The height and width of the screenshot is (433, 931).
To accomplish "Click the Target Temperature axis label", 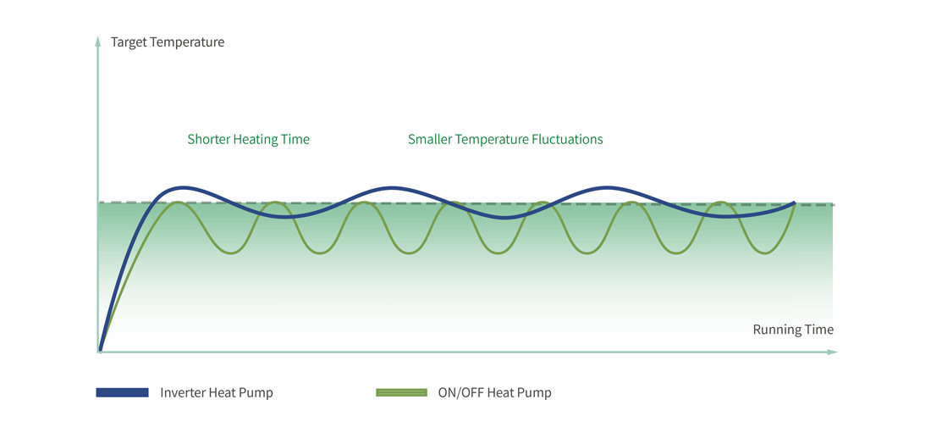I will point(168,42).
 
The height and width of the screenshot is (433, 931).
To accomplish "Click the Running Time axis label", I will point(793,330).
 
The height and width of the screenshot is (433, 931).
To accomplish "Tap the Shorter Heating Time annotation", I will point(249,139).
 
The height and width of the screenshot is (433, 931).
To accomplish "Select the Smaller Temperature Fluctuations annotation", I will point(505,139).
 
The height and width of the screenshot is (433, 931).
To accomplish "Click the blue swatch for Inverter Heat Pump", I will point(122,392).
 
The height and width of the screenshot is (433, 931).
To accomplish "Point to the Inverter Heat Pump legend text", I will point(217,392).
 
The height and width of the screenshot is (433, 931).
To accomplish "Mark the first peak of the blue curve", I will point(181,187).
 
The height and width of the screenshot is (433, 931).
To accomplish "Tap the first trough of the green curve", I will point(231,253).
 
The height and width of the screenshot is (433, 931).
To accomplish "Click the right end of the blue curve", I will point(794,203).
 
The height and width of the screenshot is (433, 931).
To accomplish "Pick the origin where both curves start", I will point(100,349).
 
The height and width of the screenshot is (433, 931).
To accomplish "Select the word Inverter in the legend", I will point(183,392).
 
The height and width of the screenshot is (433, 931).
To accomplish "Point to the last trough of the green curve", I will point(764,253).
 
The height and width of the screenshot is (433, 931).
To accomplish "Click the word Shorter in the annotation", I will point(209,139).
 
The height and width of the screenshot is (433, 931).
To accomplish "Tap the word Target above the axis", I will point(129,42).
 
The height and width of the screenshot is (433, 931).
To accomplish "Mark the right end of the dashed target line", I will point(833,204).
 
